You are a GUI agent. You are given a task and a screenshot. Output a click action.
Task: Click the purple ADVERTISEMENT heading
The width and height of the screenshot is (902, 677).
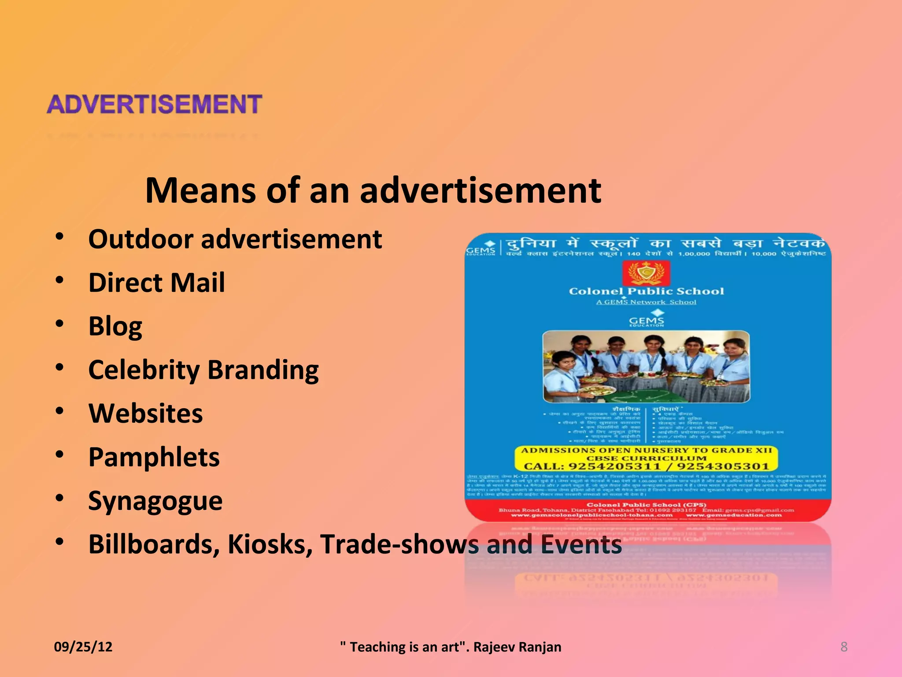coord(154,104)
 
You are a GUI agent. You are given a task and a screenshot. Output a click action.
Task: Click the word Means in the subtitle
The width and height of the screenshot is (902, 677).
coord(201,190)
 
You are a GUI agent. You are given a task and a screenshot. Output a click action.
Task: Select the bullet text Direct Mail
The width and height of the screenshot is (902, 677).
coord(156,282)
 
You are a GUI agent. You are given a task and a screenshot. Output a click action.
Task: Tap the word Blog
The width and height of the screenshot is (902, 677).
coord(115,326)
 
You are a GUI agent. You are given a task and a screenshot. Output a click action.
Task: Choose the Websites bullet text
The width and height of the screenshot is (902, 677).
coord(145,413)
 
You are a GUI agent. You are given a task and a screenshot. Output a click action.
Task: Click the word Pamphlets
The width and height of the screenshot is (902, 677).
coord(154,457)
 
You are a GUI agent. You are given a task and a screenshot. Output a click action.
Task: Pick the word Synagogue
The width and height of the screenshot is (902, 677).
coord(155,501)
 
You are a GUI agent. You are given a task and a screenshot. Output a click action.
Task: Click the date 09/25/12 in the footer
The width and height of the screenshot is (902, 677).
coord(83,647)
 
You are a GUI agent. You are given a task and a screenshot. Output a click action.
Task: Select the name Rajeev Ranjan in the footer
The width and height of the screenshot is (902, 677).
coord(517,647)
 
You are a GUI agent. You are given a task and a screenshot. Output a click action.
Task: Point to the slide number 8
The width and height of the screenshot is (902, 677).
coord(844,647)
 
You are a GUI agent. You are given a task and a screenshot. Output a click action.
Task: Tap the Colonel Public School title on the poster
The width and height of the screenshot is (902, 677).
coord(646,291)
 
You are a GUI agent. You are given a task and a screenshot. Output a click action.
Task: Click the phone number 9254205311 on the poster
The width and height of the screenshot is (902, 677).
coord(614,466)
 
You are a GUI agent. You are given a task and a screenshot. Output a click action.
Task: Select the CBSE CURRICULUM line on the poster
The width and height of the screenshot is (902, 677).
coord(646,458)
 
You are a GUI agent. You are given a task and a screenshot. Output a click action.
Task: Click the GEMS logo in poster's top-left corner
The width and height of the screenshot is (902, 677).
coord(481,249)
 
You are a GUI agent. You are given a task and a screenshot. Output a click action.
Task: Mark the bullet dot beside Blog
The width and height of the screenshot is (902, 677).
coord(59,324)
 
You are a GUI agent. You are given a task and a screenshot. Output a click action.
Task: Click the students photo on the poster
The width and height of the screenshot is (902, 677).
coord(646,367)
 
